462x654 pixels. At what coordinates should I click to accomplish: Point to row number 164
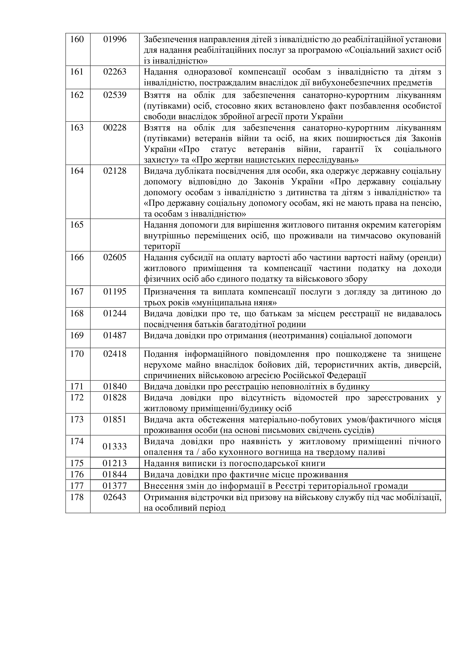pyautogui.click(x=77, y=171)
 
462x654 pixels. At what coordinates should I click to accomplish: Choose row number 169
pyautogui.click(x=77, y=335)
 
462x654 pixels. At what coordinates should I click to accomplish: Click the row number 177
pyautogui.click(x=77, y=486)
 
